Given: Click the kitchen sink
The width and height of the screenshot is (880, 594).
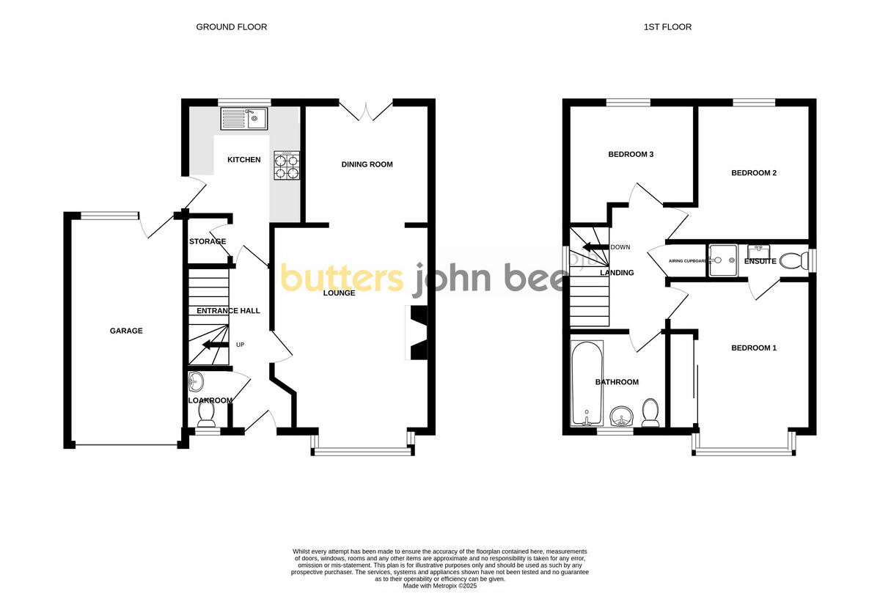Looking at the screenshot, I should [x=245, y=118].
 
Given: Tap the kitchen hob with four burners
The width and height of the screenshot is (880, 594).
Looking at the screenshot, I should [x=287, y=166].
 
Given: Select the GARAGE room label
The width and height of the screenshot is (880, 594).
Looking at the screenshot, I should [x=126, y=331].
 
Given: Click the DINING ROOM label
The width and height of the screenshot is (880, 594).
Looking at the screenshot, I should [x=367, y=164].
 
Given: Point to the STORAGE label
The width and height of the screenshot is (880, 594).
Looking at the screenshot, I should [x=208, y=241].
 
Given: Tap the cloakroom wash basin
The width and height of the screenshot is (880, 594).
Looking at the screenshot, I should [x=197, y=381].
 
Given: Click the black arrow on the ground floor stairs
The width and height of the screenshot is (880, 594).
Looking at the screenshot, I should [x=214, y=345].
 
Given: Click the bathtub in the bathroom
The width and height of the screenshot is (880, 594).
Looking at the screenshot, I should [x=587, y=384].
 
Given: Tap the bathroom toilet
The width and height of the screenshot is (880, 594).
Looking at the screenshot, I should [x=650, y=413].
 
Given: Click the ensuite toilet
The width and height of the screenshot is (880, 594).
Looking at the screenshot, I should [x=791, y=260].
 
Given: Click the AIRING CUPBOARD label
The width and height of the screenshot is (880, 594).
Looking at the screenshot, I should [x=687, y=261].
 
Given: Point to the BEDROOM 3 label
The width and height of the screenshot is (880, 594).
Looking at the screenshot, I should [x=631, y=154].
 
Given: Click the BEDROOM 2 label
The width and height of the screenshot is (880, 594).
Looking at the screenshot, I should [x=754, y=173].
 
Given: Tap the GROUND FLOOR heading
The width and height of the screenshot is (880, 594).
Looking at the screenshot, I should [x=231, y=27].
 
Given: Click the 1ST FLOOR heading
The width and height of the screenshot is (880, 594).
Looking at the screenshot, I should [x=667, y=27].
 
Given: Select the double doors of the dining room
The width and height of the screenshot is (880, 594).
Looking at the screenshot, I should [x=365, y=110].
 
